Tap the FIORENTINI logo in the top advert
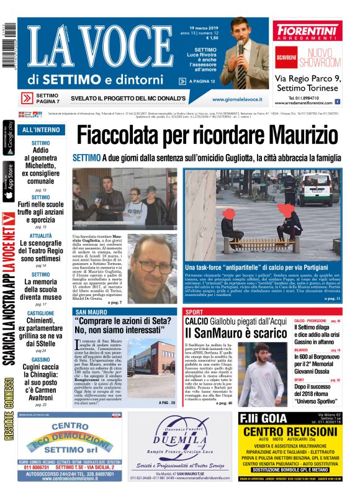(307, 31)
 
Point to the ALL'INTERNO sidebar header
(41, 130)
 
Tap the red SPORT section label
(194, 312)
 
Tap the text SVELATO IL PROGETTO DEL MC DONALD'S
(128, 98)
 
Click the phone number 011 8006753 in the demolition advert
(32, 467)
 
